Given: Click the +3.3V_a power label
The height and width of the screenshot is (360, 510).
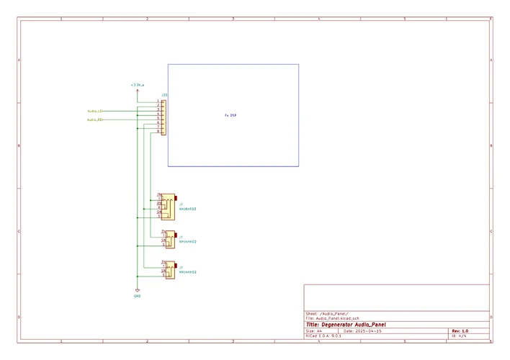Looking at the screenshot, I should (137, 85).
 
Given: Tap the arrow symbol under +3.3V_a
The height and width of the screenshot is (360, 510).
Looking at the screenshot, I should (138, 91).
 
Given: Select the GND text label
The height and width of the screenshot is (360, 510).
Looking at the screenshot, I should (138, 296).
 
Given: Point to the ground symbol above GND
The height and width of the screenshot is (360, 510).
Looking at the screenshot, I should (138, 289).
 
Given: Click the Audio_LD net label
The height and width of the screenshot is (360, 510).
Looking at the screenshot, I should (95, 111).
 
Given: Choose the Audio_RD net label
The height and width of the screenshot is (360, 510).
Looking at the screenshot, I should (95, 120).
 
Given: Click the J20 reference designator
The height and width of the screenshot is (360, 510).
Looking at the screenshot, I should (164, 95).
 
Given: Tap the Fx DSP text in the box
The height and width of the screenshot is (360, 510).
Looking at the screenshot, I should (231, 115).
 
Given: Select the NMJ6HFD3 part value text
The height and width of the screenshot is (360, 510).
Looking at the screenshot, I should (188, 209).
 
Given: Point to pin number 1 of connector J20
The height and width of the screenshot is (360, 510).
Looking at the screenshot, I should (158, 102).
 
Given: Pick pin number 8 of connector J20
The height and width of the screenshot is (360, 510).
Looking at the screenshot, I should (158, 132).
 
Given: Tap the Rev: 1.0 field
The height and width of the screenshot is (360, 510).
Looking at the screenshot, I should (460, 330).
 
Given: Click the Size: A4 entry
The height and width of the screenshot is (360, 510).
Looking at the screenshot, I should (314, 330).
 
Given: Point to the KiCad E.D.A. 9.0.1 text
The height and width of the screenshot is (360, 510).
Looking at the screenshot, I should (323, 336).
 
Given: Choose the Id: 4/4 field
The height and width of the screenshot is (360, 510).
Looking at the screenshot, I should (459, 336).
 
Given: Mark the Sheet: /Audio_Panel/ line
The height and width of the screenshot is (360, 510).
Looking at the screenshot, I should (327, 314).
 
